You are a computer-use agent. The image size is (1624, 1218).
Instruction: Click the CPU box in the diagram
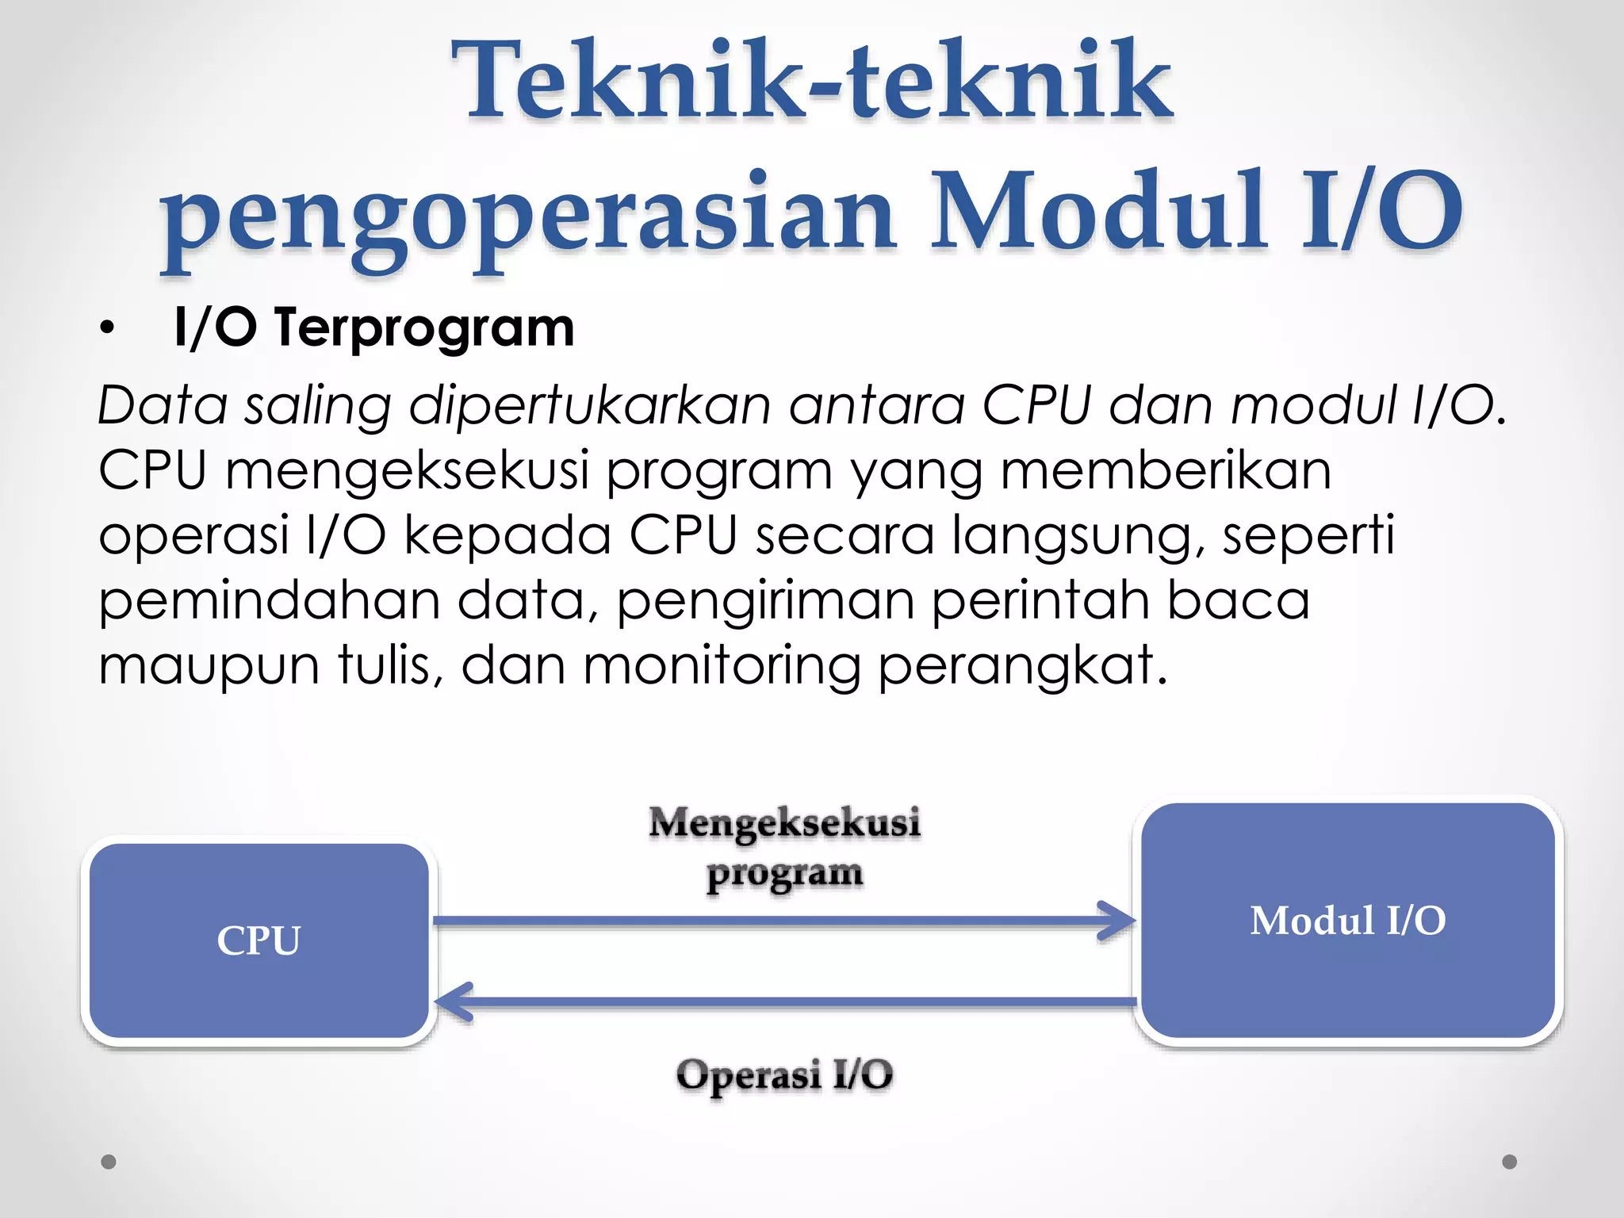259,940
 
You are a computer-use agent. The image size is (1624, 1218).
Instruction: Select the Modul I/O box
1348,920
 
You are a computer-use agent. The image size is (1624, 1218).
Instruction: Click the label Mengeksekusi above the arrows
784,822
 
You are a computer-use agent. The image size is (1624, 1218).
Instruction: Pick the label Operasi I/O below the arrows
784,1075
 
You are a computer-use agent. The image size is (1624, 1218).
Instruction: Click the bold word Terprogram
423,327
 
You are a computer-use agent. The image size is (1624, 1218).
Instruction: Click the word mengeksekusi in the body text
408,470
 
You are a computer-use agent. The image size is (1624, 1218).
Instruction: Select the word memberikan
1166,470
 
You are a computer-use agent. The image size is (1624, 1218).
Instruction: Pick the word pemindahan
269,600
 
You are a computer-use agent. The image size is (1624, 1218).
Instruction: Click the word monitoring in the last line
722,665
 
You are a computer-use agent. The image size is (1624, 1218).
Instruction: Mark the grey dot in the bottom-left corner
109,1162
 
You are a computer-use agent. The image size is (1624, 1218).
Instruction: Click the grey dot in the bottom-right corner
1510,1162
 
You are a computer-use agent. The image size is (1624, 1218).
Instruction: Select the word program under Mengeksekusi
784,874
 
